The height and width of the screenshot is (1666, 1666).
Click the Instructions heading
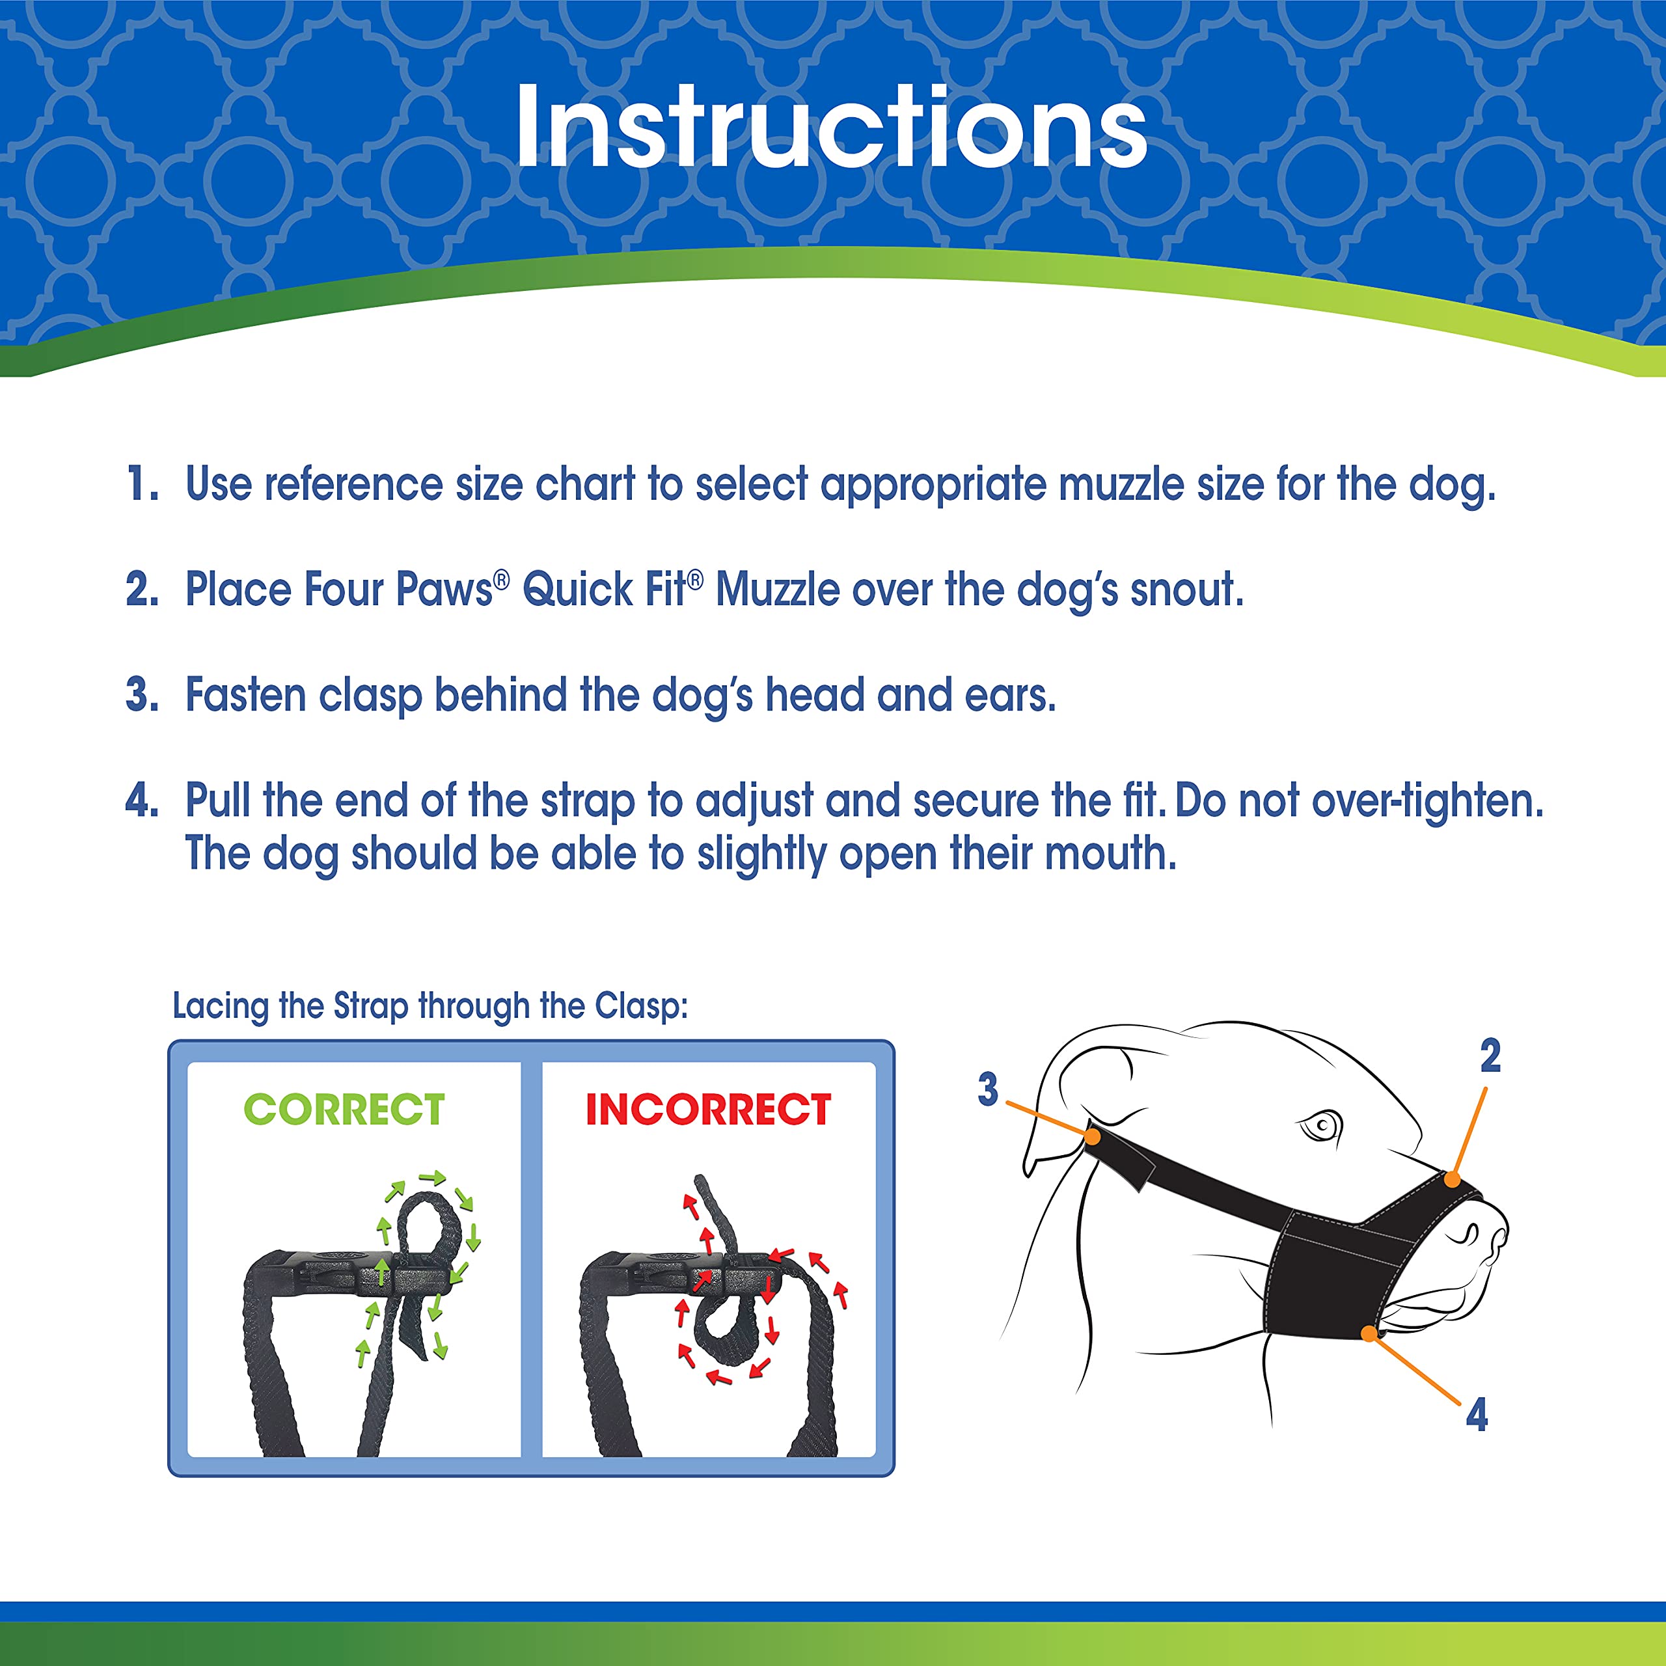(x=831, y=128)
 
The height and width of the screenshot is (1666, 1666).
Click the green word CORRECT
(x=344, y=1109)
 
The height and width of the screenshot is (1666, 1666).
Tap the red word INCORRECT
(x=708, y=1109)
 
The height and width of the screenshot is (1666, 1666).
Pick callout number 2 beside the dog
(x=1490, y=1056)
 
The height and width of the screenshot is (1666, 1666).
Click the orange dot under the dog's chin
(x=1369, y=1334)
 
